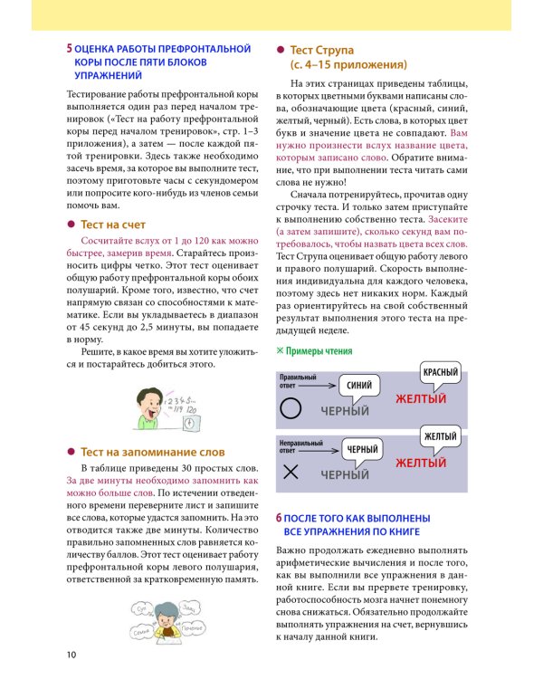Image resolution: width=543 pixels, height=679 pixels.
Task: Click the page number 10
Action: (x=71, y=654)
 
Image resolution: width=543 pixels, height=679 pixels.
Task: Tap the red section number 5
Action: (x=70, y=47)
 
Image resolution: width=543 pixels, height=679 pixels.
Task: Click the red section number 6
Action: (x=279, y=517)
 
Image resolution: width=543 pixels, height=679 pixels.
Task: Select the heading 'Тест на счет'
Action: (x=113, y=225)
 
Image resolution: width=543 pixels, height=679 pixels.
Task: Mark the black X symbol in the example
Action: (x=291, y=472)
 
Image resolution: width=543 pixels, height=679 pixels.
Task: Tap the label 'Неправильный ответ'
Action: (x=300, y=444)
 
